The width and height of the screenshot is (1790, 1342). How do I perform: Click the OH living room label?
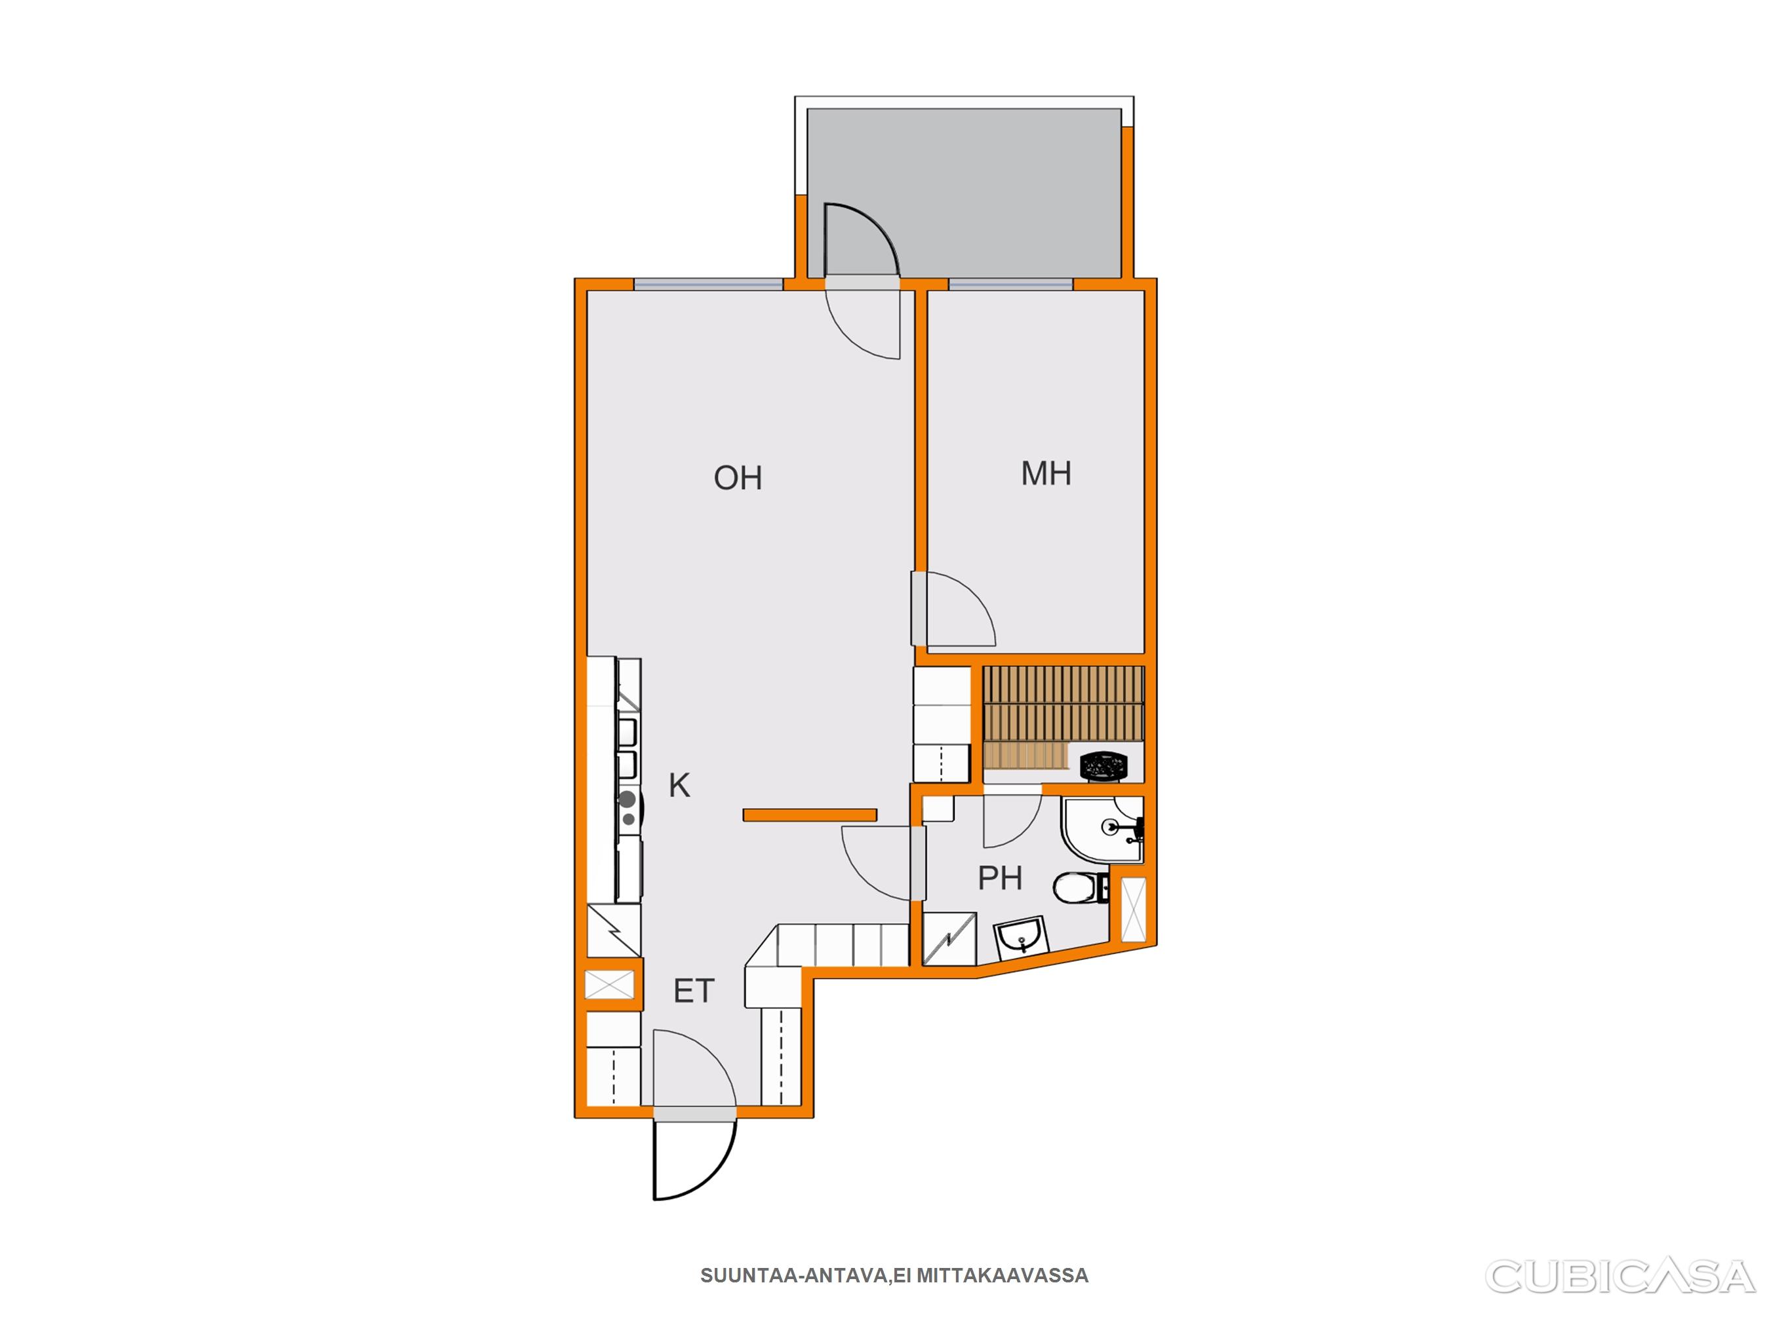coord(737,478)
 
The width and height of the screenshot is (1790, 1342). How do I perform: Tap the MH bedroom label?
coord(1046,473)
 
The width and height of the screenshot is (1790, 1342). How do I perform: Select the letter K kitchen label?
coord(679,784)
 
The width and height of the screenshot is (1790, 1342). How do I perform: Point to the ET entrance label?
coord(694,991)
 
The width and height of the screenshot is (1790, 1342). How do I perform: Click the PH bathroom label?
coord(999,877)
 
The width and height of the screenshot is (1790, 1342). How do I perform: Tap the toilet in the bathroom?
coord(1079,888)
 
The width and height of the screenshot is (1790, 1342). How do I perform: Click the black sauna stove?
coord(1104,765)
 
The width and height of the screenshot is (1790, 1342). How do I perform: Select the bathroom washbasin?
coord(1022,938)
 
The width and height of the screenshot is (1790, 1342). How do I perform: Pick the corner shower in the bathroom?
coord(1102,829)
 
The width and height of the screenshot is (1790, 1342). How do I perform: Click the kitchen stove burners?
coord(627,808)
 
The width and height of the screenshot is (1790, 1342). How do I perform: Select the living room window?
coord(708,284)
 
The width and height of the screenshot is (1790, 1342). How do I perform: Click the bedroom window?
coord(1010,284)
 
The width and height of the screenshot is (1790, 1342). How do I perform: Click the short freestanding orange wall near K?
coord(810,815)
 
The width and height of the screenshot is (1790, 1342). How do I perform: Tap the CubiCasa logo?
coord(1620,1276)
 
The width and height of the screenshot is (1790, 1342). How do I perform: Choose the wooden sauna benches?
coord(1062,717)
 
